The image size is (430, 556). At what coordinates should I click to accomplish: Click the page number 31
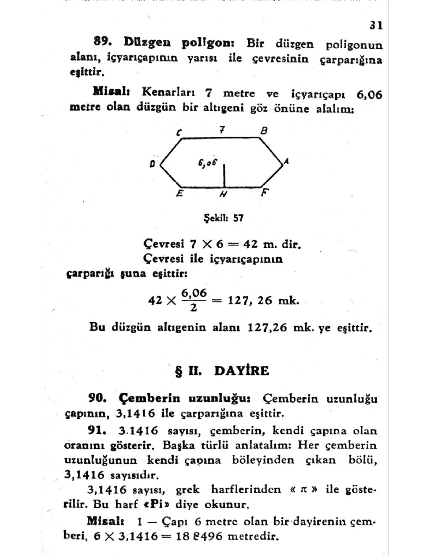(x=376, y=26)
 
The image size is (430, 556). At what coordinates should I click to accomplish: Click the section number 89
(x=102, y=41)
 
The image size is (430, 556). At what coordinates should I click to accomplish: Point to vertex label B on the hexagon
(x=264, y=131)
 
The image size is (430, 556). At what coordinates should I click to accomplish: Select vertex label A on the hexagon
(x=286, y=161)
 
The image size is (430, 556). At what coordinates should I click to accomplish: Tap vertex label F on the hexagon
(x=265, y=193)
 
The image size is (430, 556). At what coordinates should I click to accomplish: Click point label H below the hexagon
(x=223, y=194)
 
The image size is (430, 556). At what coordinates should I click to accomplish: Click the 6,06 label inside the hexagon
(x=207, y=162)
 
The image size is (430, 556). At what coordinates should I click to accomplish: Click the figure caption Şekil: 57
(x=223, y=218)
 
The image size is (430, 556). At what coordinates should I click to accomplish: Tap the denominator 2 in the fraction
(x=193, y=308)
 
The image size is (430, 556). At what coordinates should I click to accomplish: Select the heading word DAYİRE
(x=241, y=371)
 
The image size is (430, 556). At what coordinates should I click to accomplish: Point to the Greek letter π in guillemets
(x=302, y=490)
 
